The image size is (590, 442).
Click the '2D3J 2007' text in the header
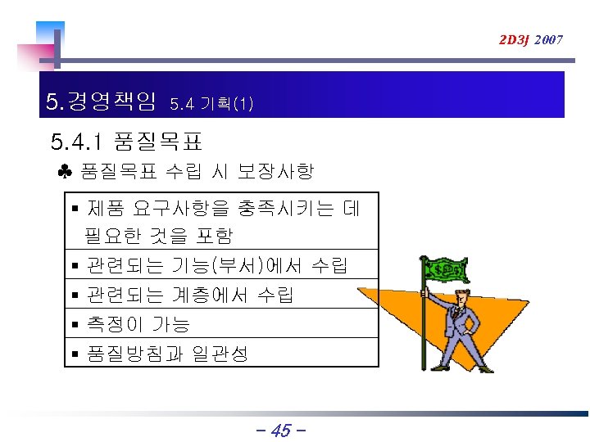point(531,39)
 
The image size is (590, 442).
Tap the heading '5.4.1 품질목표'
point(126,143)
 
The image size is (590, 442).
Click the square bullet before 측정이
point(75,325)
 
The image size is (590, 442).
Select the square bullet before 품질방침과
point(75,354)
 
